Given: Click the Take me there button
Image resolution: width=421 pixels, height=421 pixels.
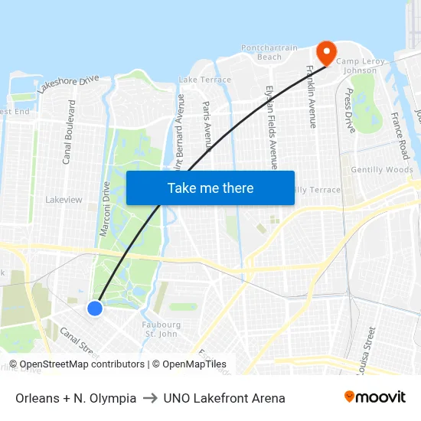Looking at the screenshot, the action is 210,188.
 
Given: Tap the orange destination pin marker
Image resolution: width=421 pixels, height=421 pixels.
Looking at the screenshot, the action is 326,52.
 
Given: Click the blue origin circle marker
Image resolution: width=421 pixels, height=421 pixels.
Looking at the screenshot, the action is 95,308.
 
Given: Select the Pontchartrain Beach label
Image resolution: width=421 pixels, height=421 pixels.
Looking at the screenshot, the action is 269,52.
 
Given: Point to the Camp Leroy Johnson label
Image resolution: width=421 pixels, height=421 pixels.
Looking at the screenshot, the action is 357,66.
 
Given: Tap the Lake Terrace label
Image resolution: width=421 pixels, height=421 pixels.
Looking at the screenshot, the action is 204,80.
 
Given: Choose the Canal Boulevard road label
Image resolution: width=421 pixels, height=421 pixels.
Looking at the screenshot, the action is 68,132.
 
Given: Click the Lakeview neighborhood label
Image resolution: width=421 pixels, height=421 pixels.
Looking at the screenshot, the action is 64,200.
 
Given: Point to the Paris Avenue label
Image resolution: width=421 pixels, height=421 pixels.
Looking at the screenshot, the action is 207,126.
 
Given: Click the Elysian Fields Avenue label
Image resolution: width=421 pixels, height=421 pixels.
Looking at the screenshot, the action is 271,126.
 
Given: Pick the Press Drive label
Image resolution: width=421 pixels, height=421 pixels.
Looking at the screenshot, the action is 350,110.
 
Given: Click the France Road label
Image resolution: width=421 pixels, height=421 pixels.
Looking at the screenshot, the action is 399,136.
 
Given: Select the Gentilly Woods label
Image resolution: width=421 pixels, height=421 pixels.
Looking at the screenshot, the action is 381,170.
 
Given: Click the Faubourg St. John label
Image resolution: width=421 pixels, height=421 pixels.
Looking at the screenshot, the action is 161,329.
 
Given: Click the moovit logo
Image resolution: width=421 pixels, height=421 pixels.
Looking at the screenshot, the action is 375,397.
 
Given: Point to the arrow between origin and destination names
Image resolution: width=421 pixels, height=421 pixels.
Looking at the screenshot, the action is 150,398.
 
